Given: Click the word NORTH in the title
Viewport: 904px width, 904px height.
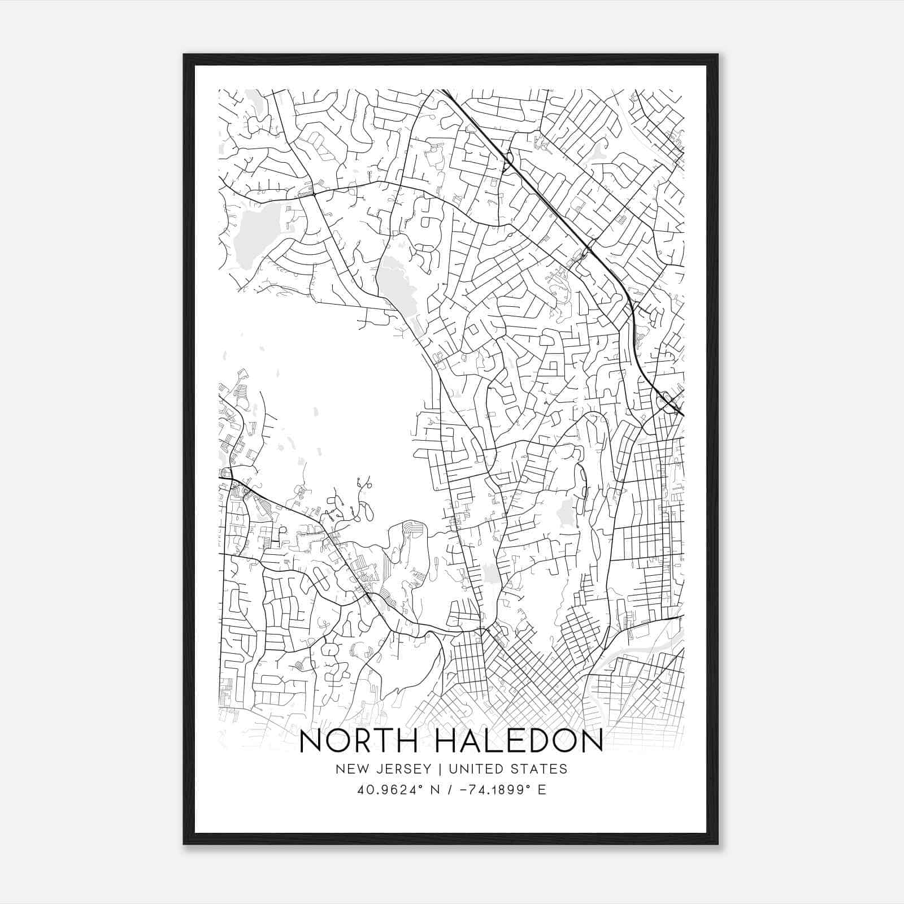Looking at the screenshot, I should [362, 742].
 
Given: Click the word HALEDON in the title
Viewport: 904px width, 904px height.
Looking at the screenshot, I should [519, 742].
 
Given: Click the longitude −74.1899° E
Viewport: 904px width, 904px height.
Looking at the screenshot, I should [495, 790].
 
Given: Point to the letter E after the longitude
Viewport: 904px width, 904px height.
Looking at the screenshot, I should [542, 790].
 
